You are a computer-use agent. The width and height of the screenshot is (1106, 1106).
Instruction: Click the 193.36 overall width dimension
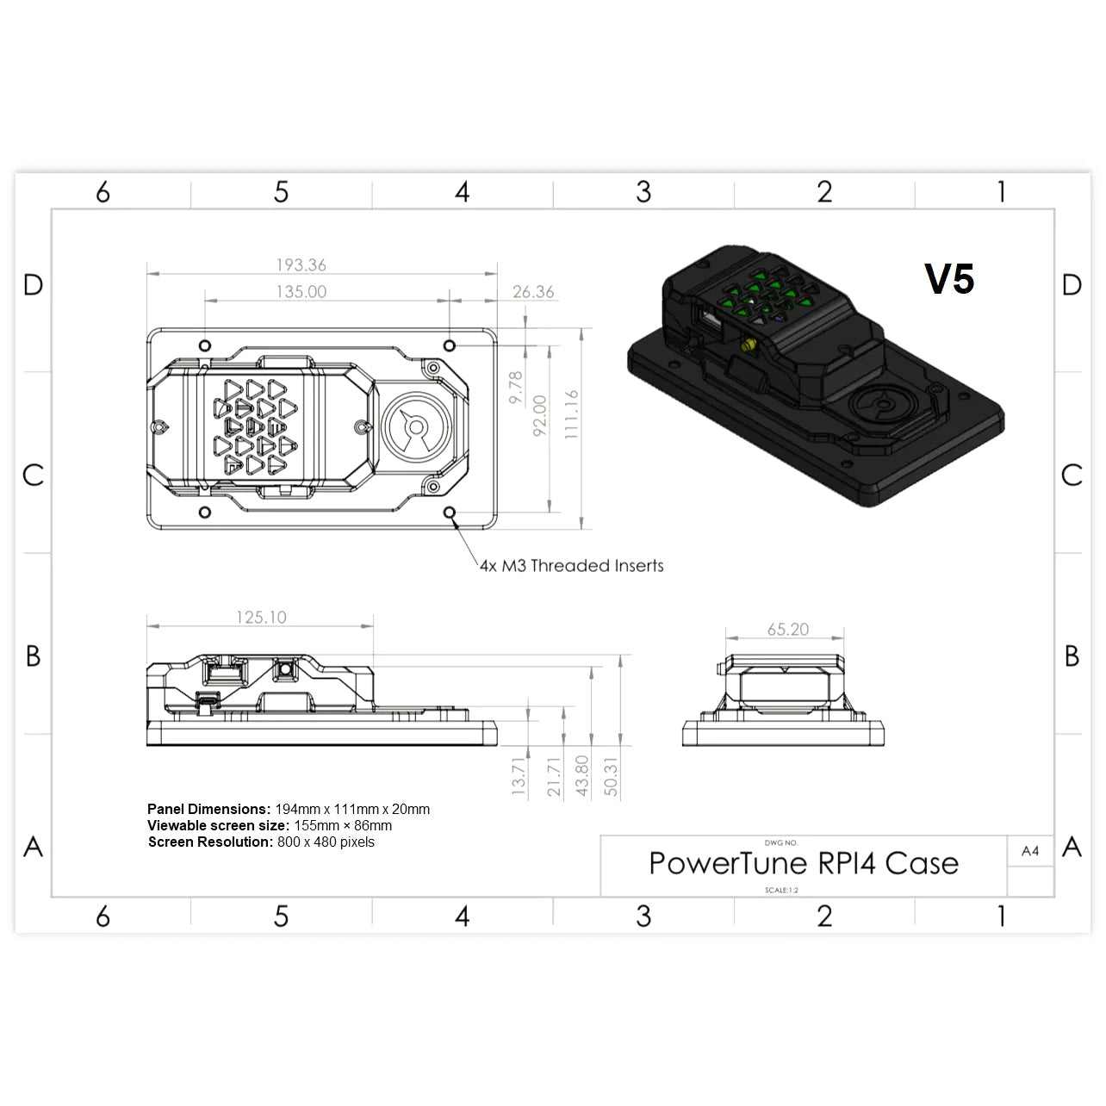(301, 265)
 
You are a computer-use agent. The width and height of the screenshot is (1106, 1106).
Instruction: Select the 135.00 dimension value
(301, 292)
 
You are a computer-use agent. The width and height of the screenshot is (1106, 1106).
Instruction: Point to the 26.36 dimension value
(533, 292)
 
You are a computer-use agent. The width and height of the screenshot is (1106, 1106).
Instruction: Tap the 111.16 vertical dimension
(572, 414)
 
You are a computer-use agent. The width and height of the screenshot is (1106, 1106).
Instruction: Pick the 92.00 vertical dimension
(540, 415)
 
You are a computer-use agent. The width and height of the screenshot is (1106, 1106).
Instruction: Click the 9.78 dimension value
(516, 388)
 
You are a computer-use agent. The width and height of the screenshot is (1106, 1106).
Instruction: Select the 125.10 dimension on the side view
(261, 618)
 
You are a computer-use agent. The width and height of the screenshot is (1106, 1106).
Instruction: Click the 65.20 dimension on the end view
(788, 630)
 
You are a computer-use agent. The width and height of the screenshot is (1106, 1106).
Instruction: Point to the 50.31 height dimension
(611, 776)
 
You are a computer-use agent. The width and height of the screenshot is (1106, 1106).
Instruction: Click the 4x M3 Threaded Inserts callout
(572, 566)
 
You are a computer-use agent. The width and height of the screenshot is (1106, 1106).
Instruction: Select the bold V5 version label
(949, 279)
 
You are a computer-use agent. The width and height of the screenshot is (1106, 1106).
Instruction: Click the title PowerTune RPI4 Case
(804, 863)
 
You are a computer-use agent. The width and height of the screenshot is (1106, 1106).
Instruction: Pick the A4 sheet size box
(1030, 851)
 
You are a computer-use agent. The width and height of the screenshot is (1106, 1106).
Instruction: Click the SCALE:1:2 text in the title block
(781, 890)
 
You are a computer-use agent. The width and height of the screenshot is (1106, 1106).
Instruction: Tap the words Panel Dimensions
(208, 809)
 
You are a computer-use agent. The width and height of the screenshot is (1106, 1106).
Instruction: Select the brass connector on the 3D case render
(748, 346)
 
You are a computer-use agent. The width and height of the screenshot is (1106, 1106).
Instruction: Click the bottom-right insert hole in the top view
(450, 513)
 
